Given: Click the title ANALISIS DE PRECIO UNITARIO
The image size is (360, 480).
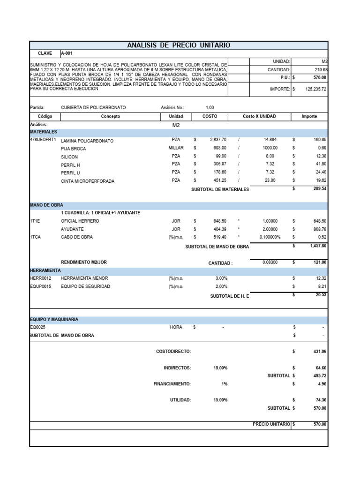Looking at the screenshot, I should [179, 45].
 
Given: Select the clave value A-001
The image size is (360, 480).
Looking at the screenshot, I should [67, 53].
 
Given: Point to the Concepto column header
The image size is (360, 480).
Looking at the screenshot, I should [110, 116].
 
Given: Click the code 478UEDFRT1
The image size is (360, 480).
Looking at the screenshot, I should [43, 140].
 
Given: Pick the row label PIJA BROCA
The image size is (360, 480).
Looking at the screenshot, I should [74, 149].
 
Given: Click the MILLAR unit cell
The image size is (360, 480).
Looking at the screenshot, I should [176, 148].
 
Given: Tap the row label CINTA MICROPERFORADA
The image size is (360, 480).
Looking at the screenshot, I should [88, 181].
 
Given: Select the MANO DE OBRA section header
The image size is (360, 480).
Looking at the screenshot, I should [46, 205].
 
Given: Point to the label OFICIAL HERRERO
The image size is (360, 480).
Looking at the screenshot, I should [80, 221].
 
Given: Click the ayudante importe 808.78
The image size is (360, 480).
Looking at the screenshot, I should [319, 229].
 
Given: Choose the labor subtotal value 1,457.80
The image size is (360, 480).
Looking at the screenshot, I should [317, 245].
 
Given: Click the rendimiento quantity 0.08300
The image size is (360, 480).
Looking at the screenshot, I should [270, 262].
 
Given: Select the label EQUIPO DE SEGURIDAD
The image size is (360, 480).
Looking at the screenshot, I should [85, 286].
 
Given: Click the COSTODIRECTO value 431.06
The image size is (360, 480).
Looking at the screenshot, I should [319, 351].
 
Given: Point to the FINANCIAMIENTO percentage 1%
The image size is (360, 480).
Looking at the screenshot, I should [225, 384].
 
